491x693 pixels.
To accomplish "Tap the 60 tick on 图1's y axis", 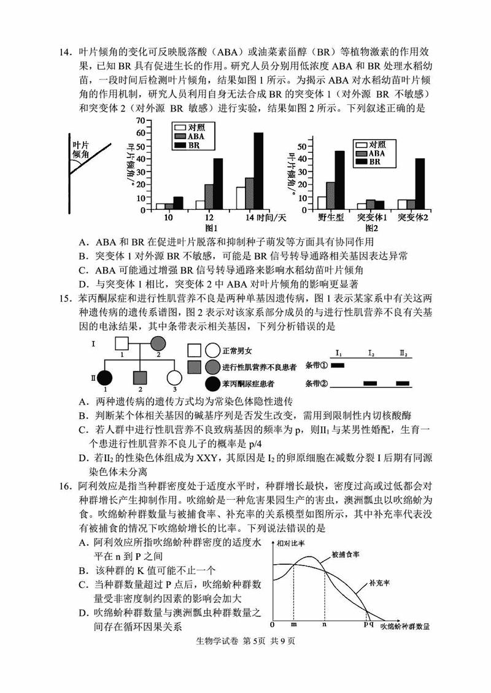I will (x=141, y=132).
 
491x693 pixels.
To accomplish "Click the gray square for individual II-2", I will (x=141, y=378).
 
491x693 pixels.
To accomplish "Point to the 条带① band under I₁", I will (x=338, y=366).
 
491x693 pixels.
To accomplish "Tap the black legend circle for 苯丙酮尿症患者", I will (x=212, y=385).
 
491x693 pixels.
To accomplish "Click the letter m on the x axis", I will (x=293, y=625).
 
